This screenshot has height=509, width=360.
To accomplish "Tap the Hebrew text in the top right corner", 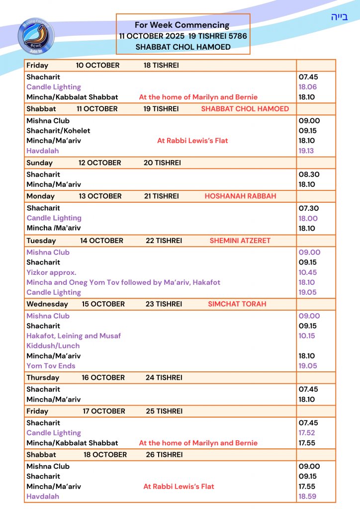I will [x=339, y=17].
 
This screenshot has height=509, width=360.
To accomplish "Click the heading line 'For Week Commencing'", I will [x=182, y=25].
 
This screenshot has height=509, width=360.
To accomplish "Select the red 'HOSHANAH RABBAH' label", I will [x=240, y=196].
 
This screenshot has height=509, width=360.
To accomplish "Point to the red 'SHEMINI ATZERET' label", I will [x=240, y=241].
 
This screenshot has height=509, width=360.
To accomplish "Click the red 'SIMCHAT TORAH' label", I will [x=237, y=304].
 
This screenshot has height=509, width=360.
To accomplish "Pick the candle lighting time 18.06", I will [x=307, y=87].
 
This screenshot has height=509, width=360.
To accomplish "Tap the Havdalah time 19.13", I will [x=306, y=151].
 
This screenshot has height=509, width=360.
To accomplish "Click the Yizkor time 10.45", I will [x=308, y=272].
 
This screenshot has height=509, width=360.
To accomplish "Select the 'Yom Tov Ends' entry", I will [x=51, y=366].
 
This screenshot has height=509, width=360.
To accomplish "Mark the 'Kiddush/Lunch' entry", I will [x=53, y=346].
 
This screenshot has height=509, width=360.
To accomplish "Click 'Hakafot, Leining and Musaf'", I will [x=74, y=336].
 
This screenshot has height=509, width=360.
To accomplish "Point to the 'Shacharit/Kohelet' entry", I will [x=58, y=131].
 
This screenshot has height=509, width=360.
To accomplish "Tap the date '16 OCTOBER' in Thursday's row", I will [x=103, y=378].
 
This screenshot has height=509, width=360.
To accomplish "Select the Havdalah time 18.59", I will [x=307, y=497].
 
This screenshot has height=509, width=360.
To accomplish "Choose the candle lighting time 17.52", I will [x=307, y=433].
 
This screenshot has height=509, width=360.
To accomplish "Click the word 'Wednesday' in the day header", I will [x=47, y=304].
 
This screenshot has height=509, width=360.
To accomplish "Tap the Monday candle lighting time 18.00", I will [x=308, y=218].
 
